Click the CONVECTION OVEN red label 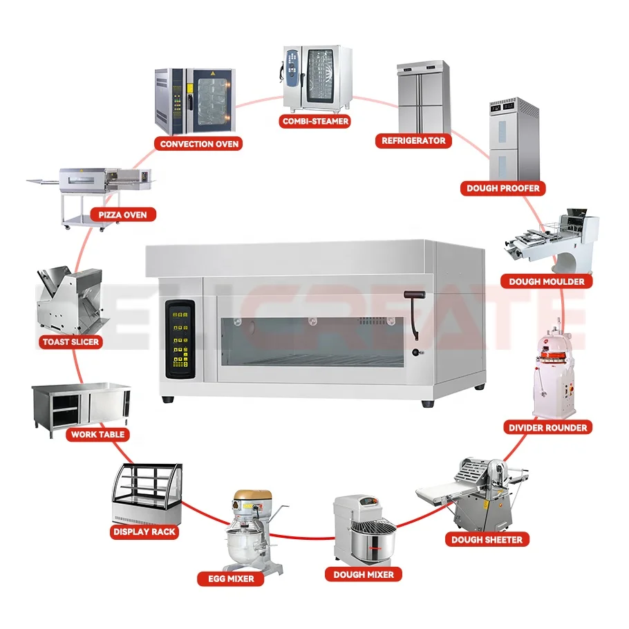click(199, 144)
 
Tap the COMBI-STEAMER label click(315, 121)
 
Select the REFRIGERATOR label click(414, 140)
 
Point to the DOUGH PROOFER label click(503, 187)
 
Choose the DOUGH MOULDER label click(546, 281)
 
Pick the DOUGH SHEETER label click(487, 539)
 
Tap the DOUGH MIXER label click(363, 574)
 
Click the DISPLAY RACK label click(144, 532)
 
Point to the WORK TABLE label click(98, 434)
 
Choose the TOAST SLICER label click(70, 341)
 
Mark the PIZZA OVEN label click(123, 214)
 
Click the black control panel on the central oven click(180, 339)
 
